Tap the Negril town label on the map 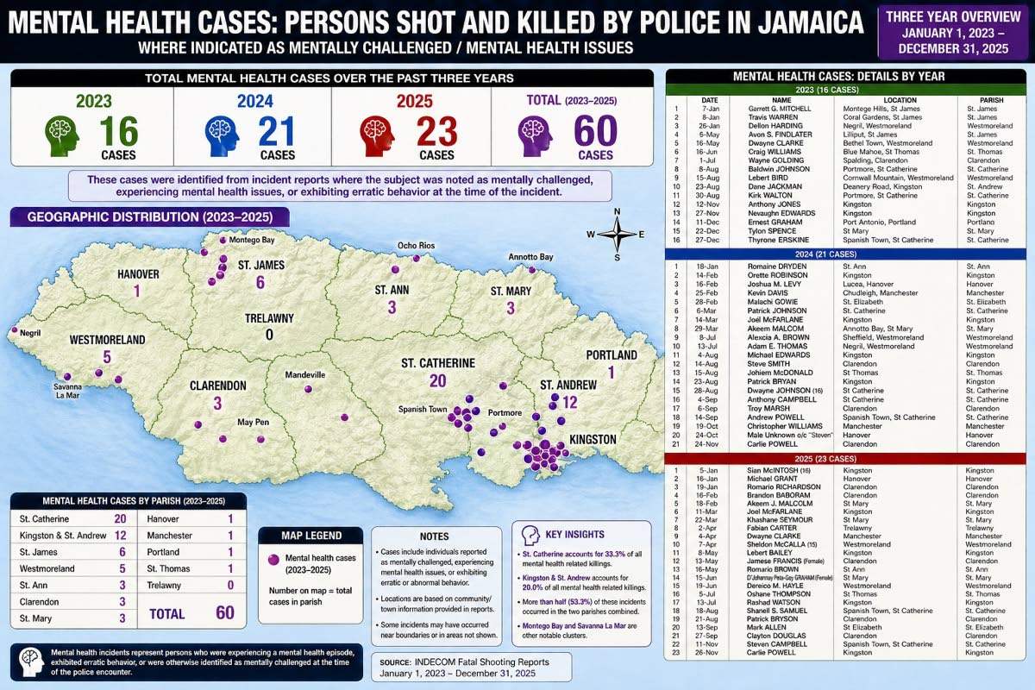pos(31,332)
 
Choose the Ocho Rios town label pos(415,246)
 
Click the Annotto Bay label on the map pos(530,257)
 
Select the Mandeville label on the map pos(305,375)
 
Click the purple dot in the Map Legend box pos(274,561)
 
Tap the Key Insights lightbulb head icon pos(527,533)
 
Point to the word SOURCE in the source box pos(399,662)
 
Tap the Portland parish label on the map pos(611,354)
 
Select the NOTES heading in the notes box pos(434,536)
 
